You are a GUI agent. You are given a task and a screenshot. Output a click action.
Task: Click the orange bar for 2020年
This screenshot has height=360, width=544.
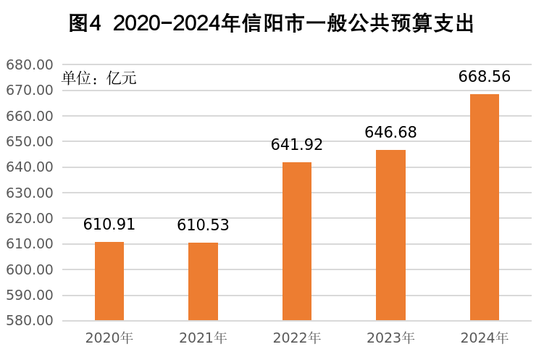(109, 281)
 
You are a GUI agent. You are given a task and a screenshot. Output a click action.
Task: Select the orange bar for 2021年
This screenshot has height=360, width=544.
(203, 281)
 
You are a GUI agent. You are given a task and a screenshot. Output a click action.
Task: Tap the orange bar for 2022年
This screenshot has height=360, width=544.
(297, 241)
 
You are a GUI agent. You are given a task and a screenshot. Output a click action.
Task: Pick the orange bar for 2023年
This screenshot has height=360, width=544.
(390, 235)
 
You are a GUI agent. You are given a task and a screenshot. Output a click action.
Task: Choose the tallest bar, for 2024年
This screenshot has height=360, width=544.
(485, 207)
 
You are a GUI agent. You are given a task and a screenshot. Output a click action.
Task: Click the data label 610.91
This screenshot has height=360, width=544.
(109, 225)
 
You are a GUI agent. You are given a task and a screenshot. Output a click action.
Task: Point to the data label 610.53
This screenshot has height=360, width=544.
(203, 225)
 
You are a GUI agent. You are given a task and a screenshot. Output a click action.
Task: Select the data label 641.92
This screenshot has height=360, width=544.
(297, 145)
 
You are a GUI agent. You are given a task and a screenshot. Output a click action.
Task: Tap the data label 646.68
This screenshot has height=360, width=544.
(390, 133)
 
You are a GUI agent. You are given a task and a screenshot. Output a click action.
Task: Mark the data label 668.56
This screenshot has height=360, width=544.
(485, 77)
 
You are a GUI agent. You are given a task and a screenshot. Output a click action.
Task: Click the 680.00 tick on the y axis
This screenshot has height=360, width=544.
(30, 65)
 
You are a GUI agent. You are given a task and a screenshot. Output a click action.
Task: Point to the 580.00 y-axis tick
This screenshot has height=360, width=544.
(30, 321)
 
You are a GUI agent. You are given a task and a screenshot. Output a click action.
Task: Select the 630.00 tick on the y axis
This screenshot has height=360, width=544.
(30, 193)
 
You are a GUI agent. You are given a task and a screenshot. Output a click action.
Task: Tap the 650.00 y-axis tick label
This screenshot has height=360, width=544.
(30, 142)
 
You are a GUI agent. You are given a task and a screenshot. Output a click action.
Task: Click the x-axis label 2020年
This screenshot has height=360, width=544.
(109, 338)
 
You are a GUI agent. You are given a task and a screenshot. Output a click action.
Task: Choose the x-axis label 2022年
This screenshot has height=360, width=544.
(297, 338)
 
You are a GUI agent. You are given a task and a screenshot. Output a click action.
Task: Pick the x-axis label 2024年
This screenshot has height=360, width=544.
(485, 338)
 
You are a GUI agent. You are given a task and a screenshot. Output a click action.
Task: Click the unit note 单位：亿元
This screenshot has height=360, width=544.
(99, 78)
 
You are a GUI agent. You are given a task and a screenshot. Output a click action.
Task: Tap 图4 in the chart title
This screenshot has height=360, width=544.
(88, 24)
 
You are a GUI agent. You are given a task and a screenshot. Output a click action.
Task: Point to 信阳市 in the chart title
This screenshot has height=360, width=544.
(269, 24)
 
